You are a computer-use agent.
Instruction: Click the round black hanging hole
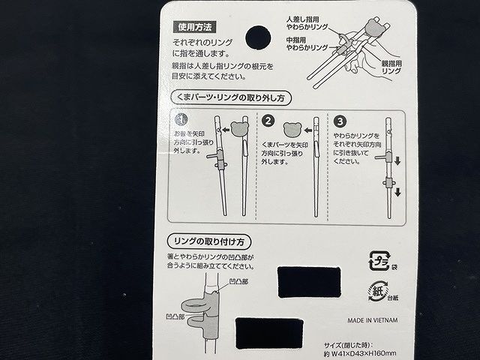click(259, 37)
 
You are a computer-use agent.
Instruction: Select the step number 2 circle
click(268, 120)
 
